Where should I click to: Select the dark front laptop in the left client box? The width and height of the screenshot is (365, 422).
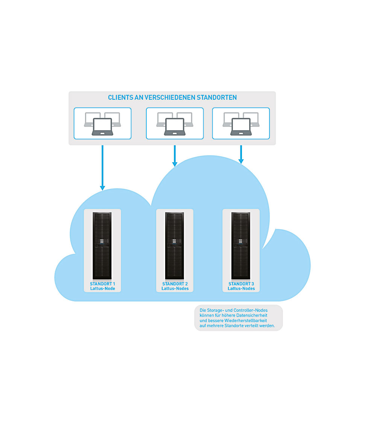coord(102,127)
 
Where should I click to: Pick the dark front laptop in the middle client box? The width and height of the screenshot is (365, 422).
coord(175,127)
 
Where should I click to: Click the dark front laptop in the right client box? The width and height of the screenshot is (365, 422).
coord(241,127)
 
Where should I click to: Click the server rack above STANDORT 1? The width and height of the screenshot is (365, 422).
coord(102,245)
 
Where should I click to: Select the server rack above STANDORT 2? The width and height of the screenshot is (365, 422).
coord(175,245)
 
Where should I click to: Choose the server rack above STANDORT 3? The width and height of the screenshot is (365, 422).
coord(241,245)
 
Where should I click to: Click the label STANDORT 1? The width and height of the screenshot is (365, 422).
coord(102,284)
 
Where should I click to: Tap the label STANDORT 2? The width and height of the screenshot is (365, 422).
coord(175,284)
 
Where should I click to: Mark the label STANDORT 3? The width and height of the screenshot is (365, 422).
coord(241,284)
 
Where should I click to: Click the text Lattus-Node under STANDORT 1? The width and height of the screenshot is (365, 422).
coord(102,289)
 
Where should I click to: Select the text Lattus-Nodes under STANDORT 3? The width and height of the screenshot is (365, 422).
coord(241,289)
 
